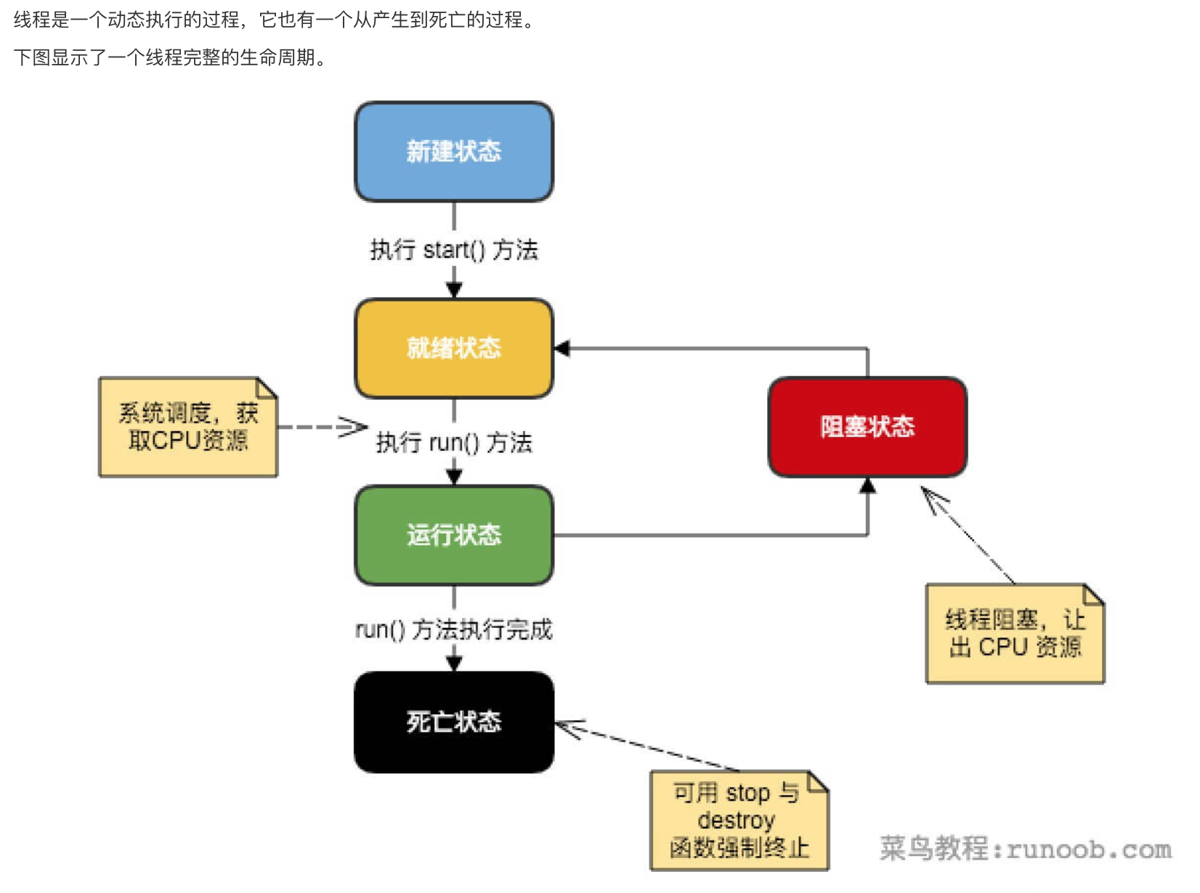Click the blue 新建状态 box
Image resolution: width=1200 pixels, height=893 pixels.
click(453, 152)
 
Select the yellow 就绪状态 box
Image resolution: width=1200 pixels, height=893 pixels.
click(453, 348)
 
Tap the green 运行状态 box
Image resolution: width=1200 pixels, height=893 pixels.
click(453, 535)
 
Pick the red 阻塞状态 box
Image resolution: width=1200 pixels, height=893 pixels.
click(867, 427)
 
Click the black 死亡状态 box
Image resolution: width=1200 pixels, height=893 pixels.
click(453, 722)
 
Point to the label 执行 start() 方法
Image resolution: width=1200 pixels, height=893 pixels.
click(454, 250)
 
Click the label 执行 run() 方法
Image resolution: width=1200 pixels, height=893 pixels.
click(454, 442)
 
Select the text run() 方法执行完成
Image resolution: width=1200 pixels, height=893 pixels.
click(454, 629)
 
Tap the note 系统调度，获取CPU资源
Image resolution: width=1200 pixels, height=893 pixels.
click(187, 427)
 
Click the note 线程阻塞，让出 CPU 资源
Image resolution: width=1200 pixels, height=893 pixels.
click(1015, 633)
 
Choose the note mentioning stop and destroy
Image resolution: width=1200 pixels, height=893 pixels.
click(739, 820)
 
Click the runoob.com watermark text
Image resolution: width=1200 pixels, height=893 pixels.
click(1025, 848)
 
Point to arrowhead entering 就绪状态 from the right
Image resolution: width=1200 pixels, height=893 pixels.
click(562, 348)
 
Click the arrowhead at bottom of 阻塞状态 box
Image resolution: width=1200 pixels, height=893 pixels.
click(867, 486)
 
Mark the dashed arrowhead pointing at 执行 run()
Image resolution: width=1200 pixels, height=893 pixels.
click(354, 427)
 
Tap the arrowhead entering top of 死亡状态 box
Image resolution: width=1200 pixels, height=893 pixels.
click(454, 664)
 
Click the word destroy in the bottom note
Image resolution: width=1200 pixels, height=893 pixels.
click(736, 820)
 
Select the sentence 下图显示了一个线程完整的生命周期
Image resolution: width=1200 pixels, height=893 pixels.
click(169, 57)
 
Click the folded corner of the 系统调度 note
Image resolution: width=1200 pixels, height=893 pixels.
click(267, 388)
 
